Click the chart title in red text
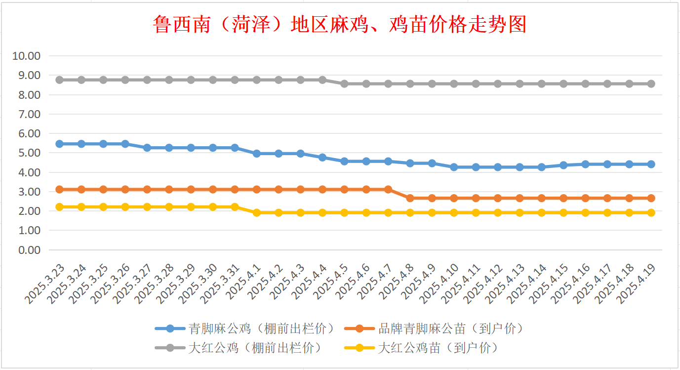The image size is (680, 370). [340, 24]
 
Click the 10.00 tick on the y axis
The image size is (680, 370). [27, 56]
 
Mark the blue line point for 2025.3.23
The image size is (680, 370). [60, 144]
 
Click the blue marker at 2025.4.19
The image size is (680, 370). [651, 164]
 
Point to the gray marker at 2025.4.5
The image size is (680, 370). [344, 84]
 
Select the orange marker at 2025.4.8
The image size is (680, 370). [410, 198]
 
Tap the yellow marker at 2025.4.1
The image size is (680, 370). [257, 213]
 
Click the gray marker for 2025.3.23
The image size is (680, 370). [60, 80]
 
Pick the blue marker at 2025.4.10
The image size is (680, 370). [454, 167]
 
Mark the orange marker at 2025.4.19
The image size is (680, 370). [651, 198]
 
